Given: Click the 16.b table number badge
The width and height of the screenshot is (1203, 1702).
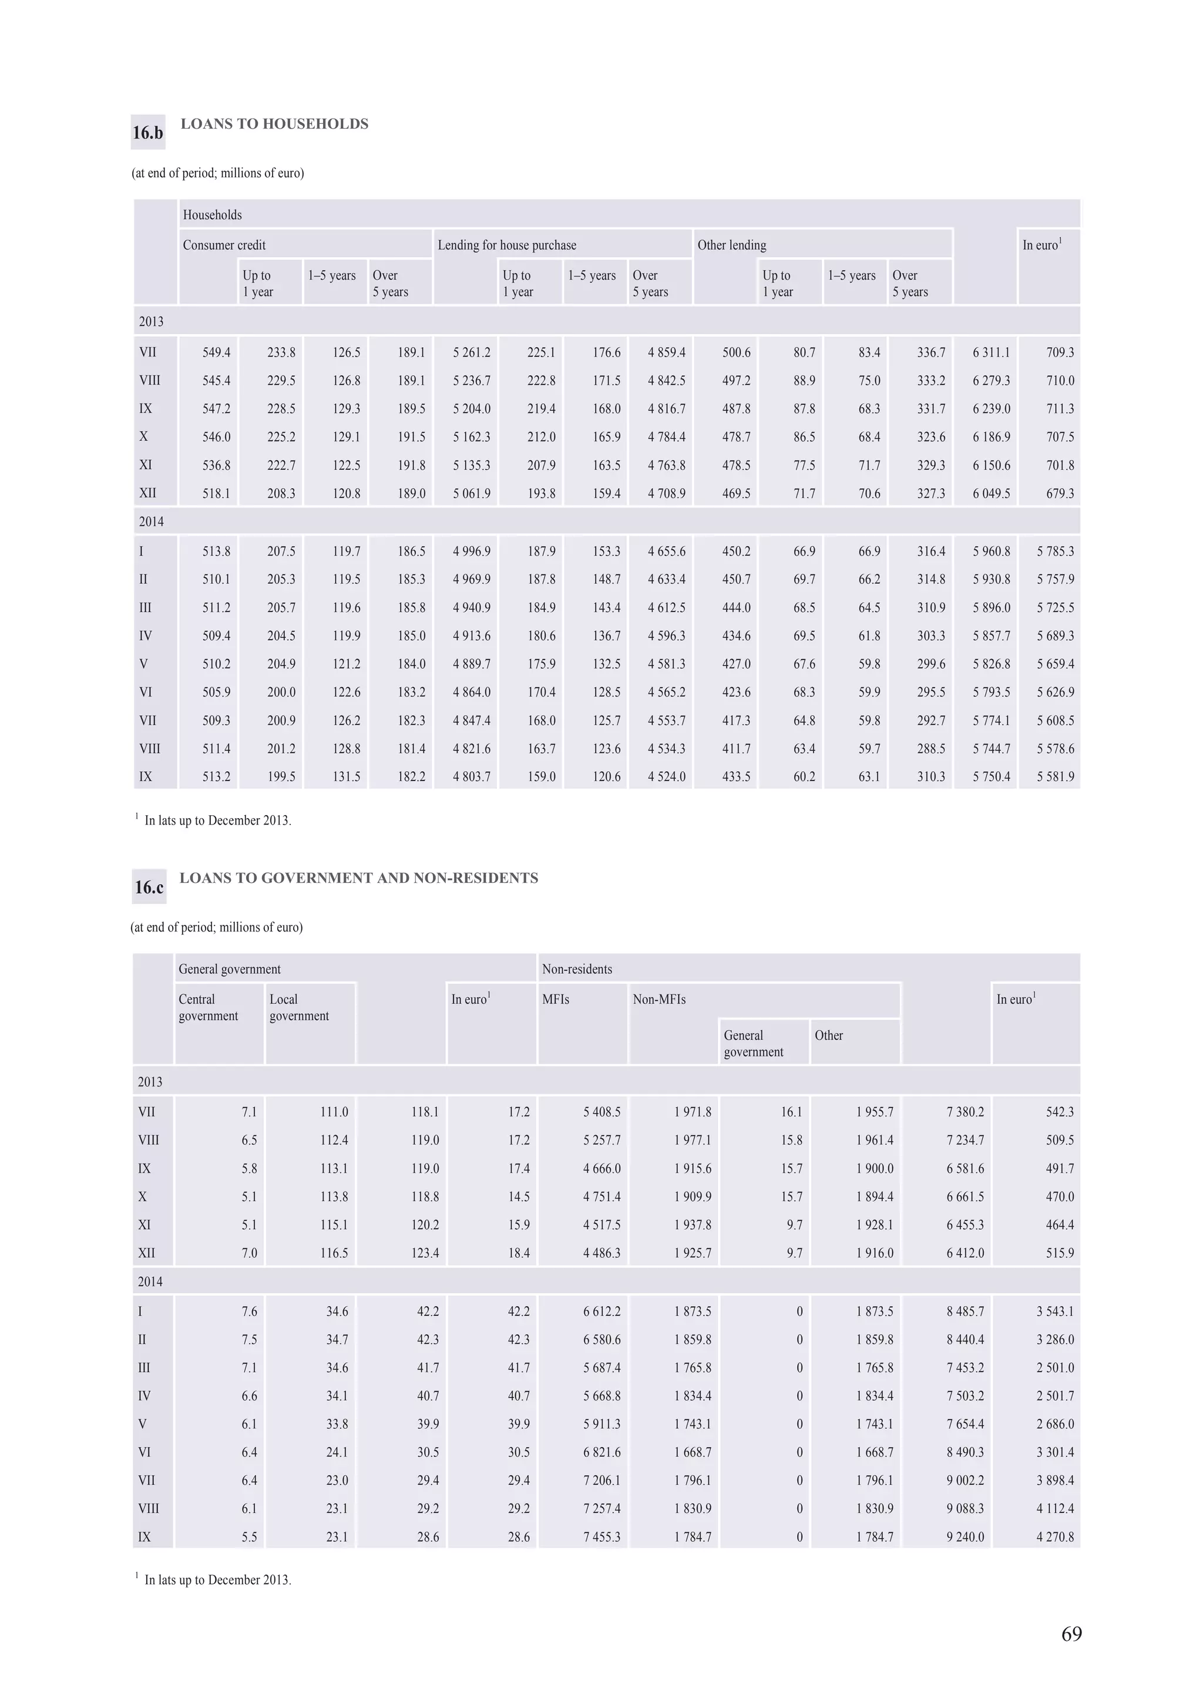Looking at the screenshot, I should (x=147, y=133).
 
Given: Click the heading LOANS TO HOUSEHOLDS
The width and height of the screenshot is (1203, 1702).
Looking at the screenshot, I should (x=274, y=124).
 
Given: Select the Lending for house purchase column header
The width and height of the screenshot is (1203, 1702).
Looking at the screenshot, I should (x=506, y=245).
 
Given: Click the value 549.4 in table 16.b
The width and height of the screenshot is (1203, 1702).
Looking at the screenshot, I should (x=216, y=352).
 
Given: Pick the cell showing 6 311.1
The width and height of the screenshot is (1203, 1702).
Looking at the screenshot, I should (x=991, y=352).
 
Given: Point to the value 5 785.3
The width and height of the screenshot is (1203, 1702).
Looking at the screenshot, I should (x=1055, y=551).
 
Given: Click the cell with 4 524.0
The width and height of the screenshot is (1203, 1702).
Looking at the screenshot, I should (x=666, y=776).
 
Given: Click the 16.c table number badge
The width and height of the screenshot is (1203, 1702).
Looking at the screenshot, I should (x=149, y=887).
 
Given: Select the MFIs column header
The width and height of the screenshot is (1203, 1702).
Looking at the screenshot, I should (x=555, y=999).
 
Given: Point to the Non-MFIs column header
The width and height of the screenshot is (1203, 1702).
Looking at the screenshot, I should (x=659, y=999).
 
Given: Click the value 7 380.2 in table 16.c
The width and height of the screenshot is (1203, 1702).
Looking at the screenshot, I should (x=965, y=1112).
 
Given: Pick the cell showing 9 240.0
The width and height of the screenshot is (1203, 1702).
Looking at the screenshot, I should (x=965, y=1537).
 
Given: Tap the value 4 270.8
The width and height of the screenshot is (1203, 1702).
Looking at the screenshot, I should (x=1055, y=1537).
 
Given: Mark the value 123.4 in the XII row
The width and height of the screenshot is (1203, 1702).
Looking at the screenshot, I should (x=425, y=1253).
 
